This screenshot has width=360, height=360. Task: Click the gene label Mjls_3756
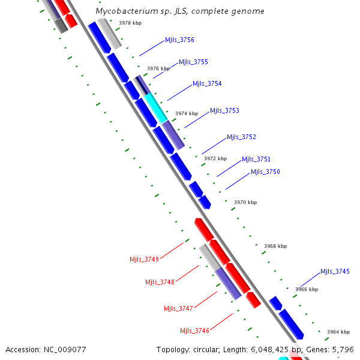[x=179, y=40]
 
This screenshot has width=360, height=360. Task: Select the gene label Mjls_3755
[x=193, y=62]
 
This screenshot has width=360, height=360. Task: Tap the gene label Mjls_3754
[x=207, y=84]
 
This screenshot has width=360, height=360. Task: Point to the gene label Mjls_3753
[x=224, y=111]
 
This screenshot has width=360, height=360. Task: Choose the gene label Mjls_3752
[x=241, y=137]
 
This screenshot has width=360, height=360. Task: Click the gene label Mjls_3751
[x=256, y=160]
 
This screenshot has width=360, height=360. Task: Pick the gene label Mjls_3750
[x=265, y=172]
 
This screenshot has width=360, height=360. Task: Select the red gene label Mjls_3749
[x=144, y=259]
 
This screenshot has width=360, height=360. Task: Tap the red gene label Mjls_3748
[x=160, y=282]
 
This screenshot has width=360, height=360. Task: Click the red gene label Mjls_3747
[x=178, y=308]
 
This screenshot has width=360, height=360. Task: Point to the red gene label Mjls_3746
[x=194, y=331]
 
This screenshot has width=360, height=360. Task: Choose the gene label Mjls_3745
[x=335, y=272]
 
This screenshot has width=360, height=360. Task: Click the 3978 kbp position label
[x=130, y=23]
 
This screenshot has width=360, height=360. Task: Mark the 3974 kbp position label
[x=186, y=113]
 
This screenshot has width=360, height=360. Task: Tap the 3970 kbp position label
[x=245, y=203]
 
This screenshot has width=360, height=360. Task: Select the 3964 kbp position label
[x=338, y=332]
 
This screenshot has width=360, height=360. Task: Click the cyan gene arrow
[x=154, y=107]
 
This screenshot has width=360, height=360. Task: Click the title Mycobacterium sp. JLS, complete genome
[x=180, y=11]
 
